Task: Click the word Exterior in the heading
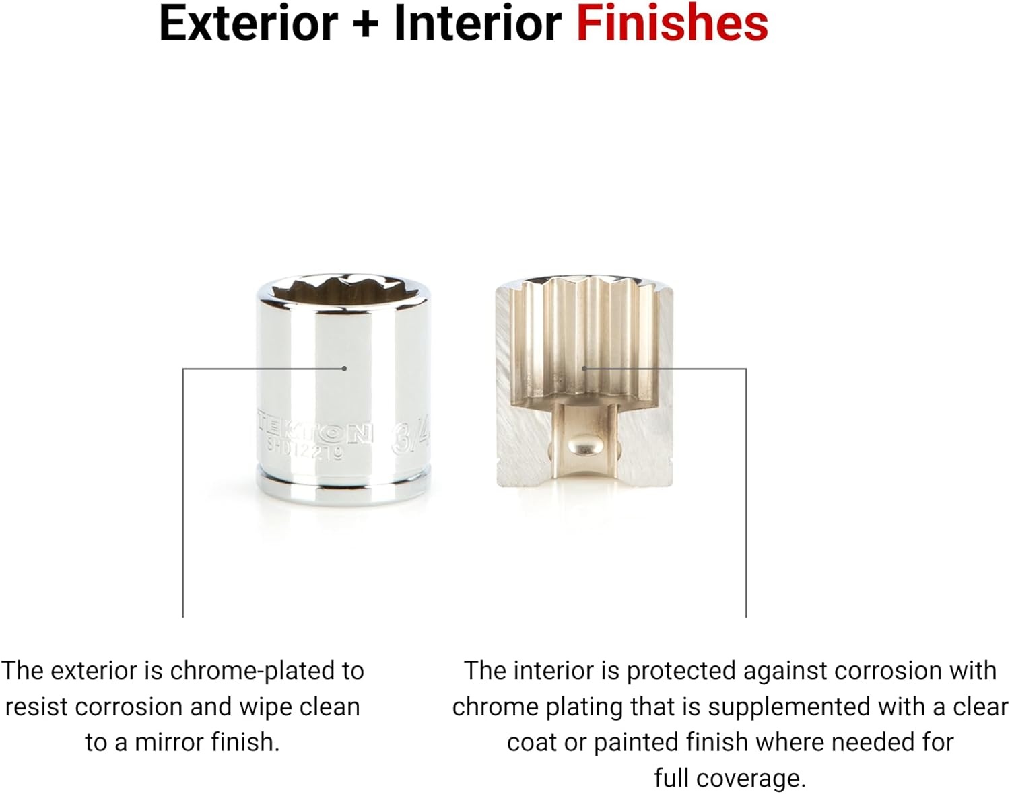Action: [248, 24]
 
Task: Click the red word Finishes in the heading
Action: [671, 24]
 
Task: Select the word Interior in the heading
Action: [478, 24]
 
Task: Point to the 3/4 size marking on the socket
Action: [410, 439]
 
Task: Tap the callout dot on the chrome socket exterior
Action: [345, 369]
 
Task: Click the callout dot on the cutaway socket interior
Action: [584, 369]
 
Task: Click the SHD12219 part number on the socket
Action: [305, 451]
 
